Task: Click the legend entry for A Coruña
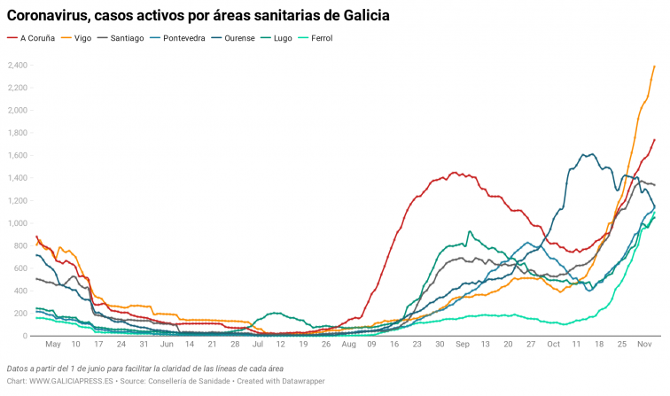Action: point(35,38)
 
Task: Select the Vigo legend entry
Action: point(82,38)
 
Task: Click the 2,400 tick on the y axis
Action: point(18,66)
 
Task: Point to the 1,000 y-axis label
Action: point(18,223)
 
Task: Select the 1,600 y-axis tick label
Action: point(18,156)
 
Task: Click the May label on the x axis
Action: point(53,344)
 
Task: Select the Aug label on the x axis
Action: point(349,344)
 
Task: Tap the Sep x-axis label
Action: point(463,344)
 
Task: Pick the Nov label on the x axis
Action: point(644,344)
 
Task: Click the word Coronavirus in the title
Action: point(51,16)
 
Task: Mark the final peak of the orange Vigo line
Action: point(654,66)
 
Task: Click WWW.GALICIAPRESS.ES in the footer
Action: point(72,381)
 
